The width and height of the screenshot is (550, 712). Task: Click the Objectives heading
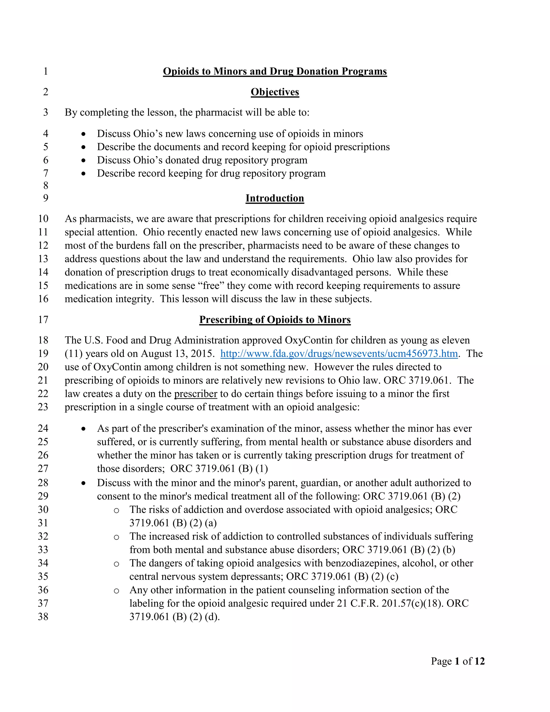pos(275,92)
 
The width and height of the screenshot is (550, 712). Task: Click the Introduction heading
pos(275,198)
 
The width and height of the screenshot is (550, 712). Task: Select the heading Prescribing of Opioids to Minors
pos(275,319)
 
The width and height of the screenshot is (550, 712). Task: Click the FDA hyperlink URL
pos(339,354)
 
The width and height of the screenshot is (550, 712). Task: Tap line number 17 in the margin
pos(43,319)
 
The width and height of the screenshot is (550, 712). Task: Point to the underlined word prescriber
pos(196,394)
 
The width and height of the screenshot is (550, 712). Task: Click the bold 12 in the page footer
pos(479,661)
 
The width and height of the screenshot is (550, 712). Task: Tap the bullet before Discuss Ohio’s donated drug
pos(84,160)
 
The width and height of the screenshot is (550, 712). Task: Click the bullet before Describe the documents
pos(84,147)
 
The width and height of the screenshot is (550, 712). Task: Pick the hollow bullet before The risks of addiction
pos(116,510)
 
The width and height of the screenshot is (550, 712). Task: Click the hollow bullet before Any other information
pos(116,591)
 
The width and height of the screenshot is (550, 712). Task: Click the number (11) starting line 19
pos(73,354)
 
